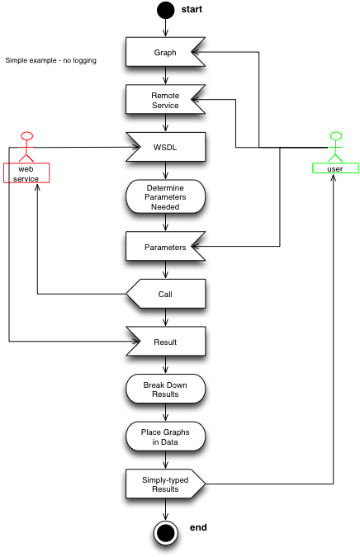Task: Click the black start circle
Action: tap(166, 10)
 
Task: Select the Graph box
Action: tap(165, 52)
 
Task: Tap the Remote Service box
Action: tap(165, 100)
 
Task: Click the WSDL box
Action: tap(166, 147)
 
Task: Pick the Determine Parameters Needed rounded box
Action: tap(165, 196)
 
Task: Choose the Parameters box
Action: tap(165, 247)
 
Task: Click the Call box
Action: tap(166, 294)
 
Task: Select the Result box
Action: tap(166, 342)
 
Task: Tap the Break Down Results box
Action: tap(165, 389)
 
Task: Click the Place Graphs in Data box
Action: tap(165, 437)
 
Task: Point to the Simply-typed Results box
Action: tap(165, 484)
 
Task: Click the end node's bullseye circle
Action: tap(166, 533)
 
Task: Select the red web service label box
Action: tap(26, 173)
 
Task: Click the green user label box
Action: tap(335, 168)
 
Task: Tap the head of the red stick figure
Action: tap(26, 136)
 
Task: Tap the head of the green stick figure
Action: tap(336, 136)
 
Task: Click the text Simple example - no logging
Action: tap(51, 60)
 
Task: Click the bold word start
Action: tap(192, 9)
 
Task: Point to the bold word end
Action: tap(198, 527)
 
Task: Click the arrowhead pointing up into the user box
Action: tap(333, 177)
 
